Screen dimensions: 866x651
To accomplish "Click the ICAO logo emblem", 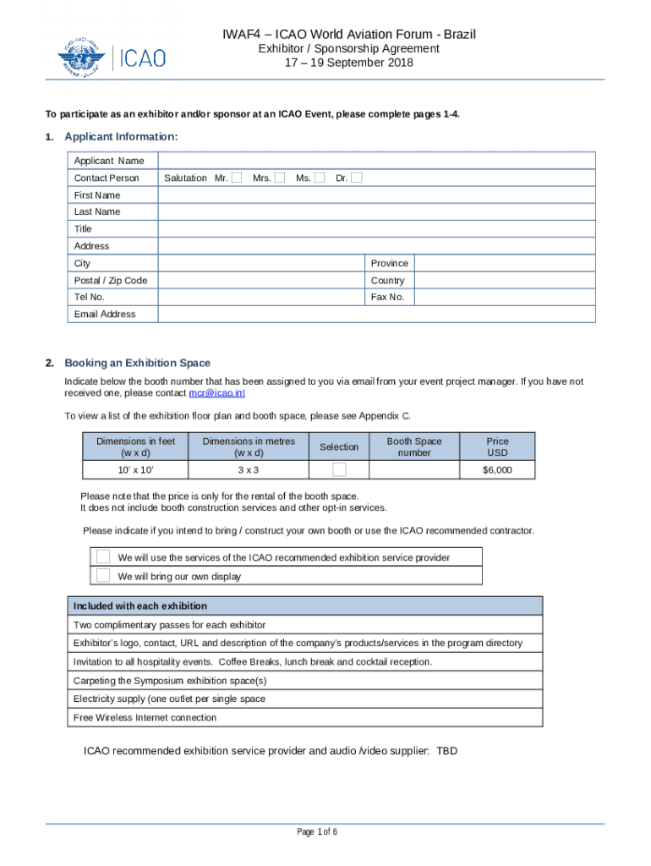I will coord(84,58).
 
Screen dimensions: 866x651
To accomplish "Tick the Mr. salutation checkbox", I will coord(237,178).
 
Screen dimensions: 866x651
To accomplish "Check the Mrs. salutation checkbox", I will coord(279,178).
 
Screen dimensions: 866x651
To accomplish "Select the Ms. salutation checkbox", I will coord(320,178).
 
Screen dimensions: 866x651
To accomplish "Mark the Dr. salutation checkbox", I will coord(357,178).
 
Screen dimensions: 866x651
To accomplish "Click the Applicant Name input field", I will coord(376,161).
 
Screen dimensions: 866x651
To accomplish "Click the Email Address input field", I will coord(376,314).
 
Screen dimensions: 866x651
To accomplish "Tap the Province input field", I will coord(504,263).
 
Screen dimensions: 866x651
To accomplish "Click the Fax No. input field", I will coord(504,297).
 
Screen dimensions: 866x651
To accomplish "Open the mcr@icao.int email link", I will coord(217,393).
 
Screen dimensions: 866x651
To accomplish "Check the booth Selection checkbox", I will coord(339,469).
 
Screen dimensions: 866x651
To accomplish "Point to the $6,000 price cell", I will coord(497,469).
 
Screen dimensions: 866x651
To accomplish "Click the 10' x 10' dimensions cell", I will coord(135,469).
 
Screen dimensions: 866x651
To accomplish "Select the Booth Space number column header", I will coord(414,447).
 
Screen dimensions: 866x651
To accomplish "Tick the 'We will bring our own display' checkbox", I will coord(103,576).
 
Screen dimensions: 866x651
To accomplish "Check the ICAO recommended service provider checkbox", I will coord(103,556).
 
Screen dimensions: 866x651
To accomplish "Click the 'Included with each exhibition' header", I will coord(140,606).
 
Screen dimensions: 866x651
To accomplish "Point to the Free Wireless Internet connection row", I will coord(145,717).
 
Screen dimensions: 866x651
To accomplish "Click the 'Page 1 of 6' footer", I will coord(317,832).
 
